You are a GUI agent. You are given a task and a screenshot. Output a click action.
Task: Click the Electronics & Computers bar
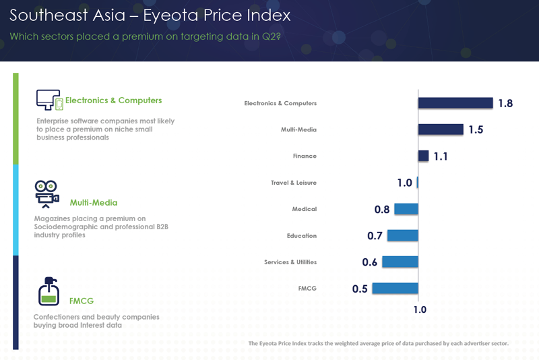(x=455, y=103)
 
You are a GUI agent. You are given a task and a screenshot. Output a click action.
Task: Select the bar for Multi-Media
(x=441, y=129)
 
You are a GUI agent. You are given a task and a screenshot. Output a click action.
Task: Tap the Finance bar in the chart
(x=423, y=156)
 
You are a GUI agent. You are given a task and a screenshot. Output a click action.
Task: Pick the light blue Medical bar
(x=406, y=209)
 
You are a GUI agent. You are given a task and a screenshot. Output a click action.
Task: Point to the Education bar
(x=402, y=235)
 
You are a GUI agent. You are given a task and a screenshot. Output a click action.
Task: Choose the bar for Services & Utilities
(x=400, y=262)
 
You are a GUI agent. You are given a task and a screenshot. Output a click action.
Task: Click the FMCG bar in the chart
(x=395, y=289)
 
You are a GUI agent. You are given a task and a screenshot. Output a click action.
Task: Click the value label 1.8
(x=505, y=103)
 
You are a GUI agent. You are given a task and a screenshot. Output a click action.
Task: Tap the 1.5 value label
(x=476, y=129)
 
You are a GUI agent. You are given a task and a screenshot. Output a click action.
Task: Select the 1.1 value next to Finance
(x=441, y=156)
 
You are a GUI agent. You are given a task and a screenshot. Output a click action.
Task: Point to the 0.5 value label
(x=360, y=289)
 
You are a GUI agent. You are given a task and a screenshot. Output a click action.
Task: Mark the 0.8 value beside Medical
(x=382, y=210)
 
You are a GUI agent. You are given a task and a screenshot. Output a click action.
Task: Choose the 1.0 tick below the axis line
(x=420, y=310)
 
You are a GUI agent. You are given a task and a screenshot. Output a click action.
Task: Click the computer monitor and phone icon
(x=49, y=100)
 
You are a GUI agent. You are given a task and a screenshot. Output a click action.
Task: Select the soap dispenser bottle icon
(x=49, y=291)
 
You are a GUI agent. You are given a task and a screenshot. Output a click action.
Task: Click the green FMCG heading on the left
(x=82, y=301)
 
